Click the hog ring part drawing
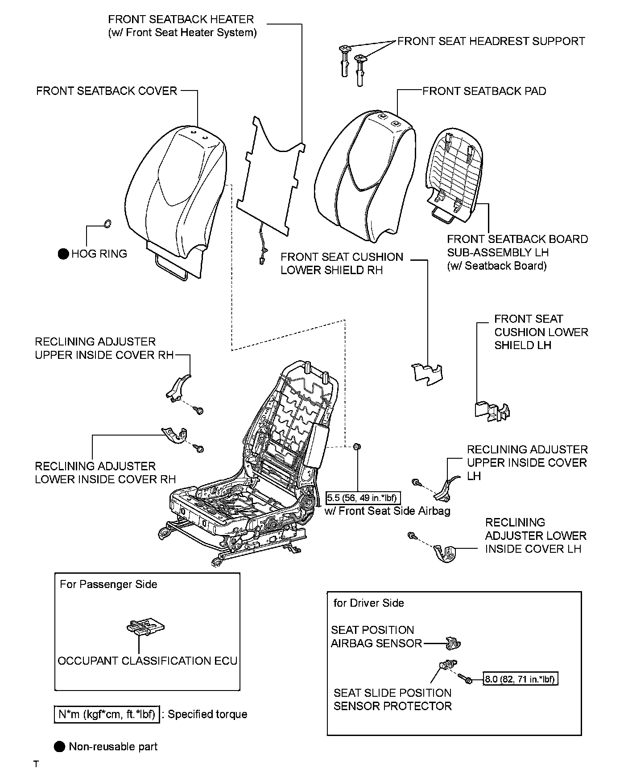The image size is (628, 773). pos(107,223)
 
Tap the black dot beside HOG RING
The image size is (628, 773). pos(63,254)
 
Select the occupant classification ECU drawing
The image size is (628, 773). pos(145,627)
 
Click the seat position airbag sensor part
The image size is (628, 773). pos(453,643)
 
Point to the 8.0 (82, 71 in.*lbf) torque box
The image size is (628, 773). pos(521,679)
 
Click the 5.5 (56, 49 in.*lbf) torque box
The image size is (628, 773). pos(361,498)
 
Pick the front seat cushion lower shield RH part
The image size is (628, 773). pos(427,372)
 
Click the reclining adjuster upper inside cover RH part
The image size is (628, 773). pos(177,387)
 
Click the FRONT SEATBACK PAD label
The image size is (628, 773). pos(484,91)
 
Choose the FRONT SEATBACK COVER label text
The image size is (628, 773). pos(107,91)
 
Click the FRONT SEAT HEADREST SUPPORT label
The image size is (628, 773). pos(491,41)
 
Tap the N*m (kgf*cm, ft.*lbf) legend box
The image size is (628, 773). pos(107,714)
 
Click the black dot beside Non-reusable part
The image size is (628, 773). pos(59,747)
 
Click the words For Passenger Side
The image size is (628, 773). pos(108,584)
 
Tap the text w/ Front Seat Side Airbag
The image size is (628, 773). pos(387,511)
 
